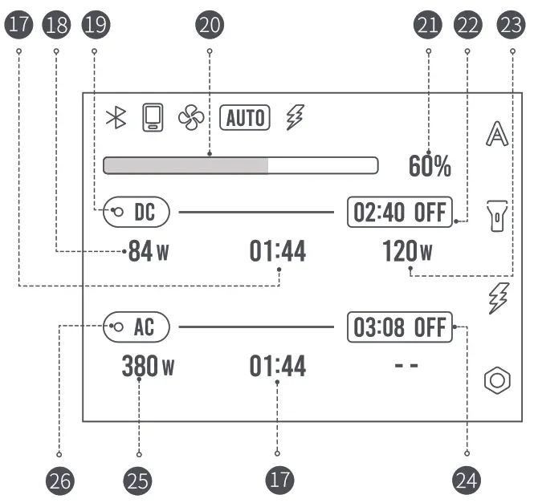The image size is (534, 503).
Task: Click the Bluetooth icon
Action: click(x=117, y=118)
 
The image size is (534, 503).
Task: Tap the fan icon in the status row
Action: click(x=191, y=118)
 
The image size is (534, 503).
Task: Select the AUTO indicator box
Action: click(x=245, y=118)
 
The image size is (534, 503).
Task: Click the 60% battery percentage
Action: click(x=430, y=166)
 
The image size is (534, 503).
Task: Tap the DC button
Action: click(x=137, y=212)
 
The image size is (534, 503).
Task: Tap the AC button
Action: click(x=137, y=327)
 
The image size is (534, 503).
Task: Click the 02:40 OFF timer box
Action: click(x=400, y=213)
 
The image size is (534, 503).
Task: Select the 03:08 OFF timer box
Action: click(x=400, y=327)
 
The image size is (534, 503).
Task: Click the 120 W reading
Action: click(x=407, y=253)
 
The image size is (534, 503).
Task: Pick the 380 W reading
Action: click(x=148, y=367)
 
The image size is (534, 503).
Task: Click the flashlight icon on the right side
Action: click(x=498, y=215)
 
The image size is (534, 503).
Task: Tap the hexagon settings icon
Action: click(x=497, y=380)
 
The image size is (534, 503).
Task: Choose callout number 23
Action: click(x=509, y=25)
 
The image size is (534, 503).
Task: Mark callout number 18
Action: click(x=57, y=25)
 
